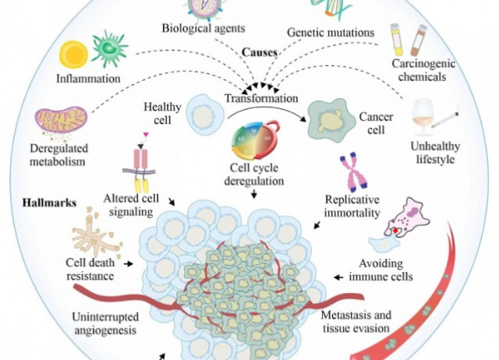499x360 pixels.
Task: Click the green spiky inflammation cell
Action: pos(110,48)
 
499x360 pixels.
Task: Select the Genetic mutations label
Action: pos(331,34)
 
